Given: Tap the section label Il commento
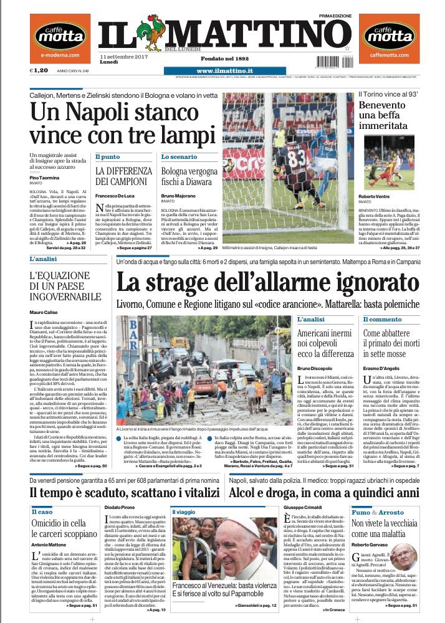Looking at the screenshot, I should pos(383,319).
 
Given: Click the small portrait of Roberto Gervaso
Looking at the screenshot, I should pos(424,556).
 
